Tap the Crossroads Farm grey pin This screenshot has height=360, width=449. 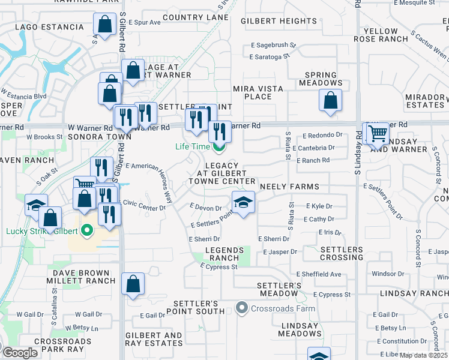243,308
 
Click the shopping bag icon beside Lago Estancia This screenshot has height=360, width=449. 104,25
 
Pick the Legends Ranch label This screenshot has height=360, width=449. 225,254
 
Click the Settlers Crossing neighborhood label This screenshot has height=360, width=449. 341,253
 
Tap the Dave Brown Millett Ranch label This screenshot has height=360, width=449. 80,277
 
